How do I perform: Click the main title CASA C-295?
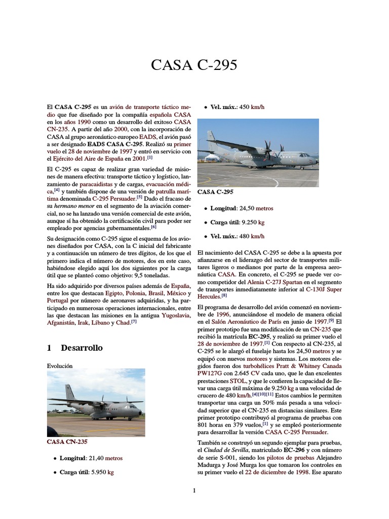pyautogui.click(x=194, y=65)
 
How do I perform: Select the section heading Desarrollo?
pyautogui.click(x=81, y=348)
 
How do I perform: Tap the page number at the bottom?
pyautogui.click(x=194, y=490)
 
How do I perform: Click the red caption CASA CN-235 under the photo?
pyautogui.click(x=68, y=442)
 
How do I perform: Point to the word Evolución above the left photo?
pyautogui.click(x=60, y=365)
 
